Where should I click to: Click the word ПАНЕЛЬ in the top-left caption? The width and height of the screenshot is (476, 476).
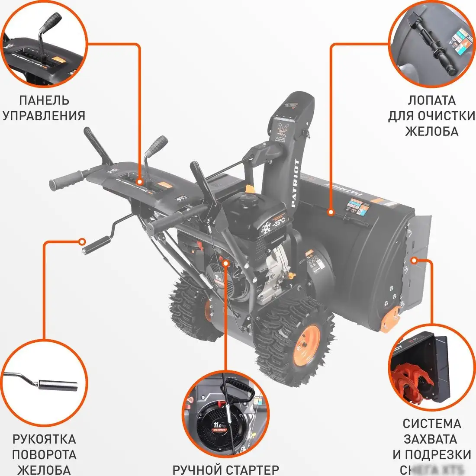tap(44, 100)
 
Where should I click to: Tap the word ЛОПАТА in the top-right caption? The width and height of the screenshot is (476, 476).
tap(431, 100)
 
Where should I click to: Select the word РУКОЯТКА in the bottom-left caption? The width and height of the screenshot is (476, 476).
tap(44, 439)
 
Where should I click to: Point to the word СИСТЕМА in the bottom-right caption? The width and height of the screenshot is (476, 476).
tap(431, 424)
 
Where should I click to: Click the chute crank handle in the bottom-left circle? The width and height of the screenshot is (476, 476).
tap(56, 384)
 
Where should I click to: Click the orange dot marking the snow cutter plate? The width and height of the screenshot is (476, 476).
tap(414, 261)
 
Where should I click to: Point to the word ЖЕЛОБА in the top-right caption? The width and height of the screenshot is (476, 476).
tap(431, 131)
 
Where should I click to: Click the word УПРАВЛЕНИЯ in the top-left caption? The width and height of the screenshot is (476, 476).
tap(44, 116)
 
